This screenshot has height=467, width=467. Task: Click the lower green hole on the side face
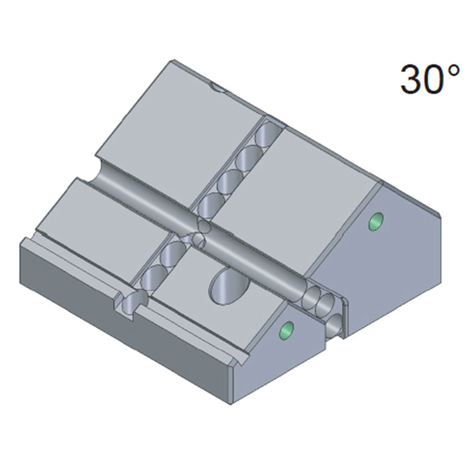pyautogui.click(x=286, y=329)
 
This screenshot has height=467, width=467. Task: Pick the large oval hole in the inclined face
pyautogui.click(x=226, y=286)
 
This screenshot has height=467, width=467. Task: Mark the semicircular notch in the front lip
pyautogui.click(x=126, y=303)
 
